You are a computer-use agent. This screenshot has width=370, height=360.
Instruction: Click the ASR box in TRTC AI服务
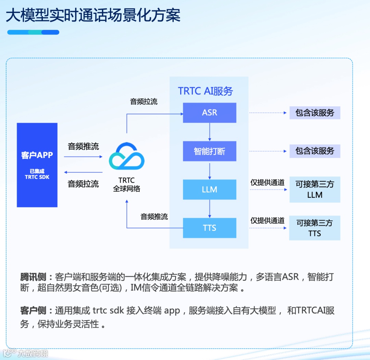pyautogui.click(x=209, y=113)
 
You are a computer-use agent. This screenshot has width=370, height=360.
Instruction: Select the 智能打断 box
pyautogui.click(x=209, y=151)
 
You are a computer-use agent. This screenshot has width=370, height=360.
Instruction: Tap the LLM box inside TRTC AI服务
pyautogui.click(x=209, y=190)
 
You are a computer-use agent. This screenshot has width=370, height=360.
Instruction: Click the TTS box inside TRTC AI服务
pyautogui.click(x=209, y=228)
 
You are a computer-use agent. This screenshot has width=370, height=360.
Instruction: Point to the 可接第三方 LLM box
pyautogui.click(x=314, y=190)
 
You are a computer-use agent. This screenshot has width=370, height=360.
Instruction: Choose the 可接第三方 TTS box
pyautogui.click(x=314, y=228)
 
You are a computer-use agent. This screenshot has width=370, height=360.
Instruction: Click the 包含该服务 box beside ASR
pyautogui.click(x=314, y=113)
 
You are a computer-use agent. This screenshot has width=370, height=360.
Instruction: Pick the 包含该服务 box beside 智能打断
pyautogui.click(x=314, y=151)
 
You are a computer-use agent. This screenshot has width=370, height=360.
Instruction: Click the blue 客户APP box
pyautogui.click(x=37, y=165)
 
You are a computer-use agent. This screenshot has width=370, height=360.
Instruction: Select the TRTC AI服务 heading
pyautogui.click(x=205, y=91)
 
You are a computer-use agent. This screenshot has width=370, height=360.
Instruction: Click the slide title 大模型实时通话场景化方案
pyautogui.click(x=93, y=15)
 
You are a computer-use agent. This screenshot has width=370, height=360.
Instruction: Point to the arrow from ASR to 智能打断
pyautogui.click(x=210, y=132)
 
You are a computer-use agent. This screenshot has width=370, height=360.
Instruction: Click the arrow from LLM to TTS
pyautogui.click(x=210, y=208)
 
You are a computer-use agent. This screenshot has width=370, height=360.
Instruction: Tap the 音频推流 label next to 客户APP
pyautogui.click(x=83, y=147)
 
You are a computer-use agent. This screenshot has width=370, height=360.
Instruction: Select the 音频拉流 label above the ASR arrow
pyautogui.click(x=144, y=101)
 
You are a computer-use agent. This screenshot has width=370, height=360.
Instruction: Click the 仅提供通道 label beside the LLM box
pyautogui.click(x=267, y=183)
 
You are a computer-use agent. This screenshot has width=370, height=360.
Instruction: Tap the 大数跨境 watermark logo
pyautogui.click(x=26, y=353)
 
